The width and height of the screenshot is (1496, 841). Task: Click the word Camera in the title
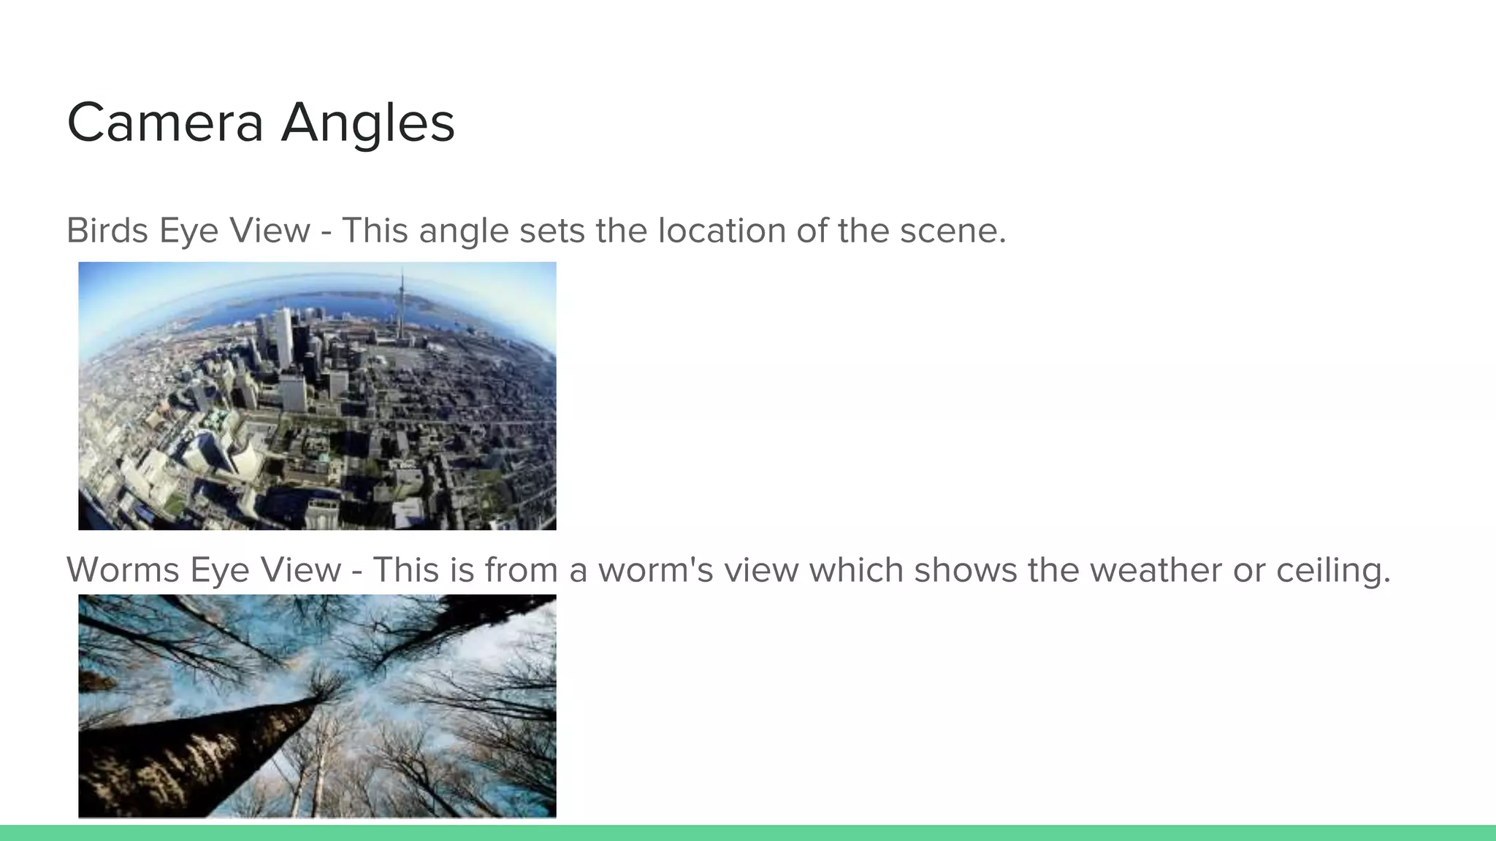point(165,123)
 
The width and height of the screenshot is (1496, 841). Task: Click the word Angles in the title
point(368,123)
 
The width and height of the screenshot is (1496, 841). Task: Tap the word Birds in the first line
point(107,231)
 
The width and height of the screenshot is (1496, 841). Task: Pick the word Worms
point(123,570)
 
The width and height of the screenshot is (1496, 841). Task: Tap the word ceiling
point(1333,570)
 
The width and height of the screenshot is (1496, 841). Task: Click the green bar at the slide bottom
point(748,833)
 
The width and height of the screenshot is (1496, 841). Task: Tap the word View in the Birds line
point(269,231)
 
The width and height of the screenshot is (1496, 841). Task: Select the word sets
point(552,231)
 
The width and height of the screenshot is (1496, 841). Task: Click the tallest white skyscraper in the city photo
point(283,336)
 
